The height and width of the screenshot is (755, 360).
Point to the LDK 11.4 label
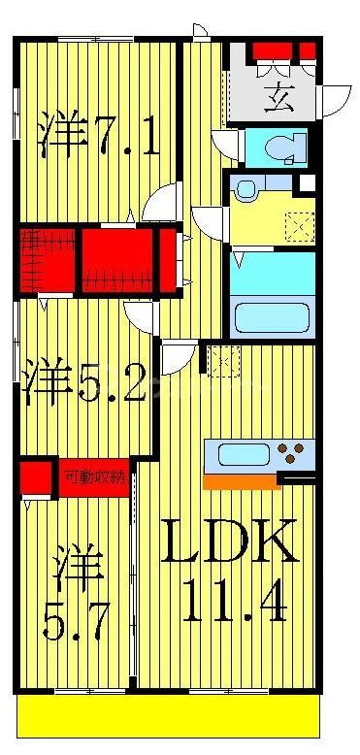click(x=228, y=573)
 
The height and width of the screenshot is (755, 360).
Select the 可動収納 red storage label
click(x=93, y=477)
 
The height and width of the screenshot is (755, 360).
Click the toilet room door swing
click(x=223, y=147)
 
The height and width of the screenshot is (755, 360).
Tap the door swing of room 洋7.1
click(x=158, y=205)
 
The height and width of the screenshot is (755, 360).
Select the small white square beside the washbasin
click(x=308, y=182)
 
